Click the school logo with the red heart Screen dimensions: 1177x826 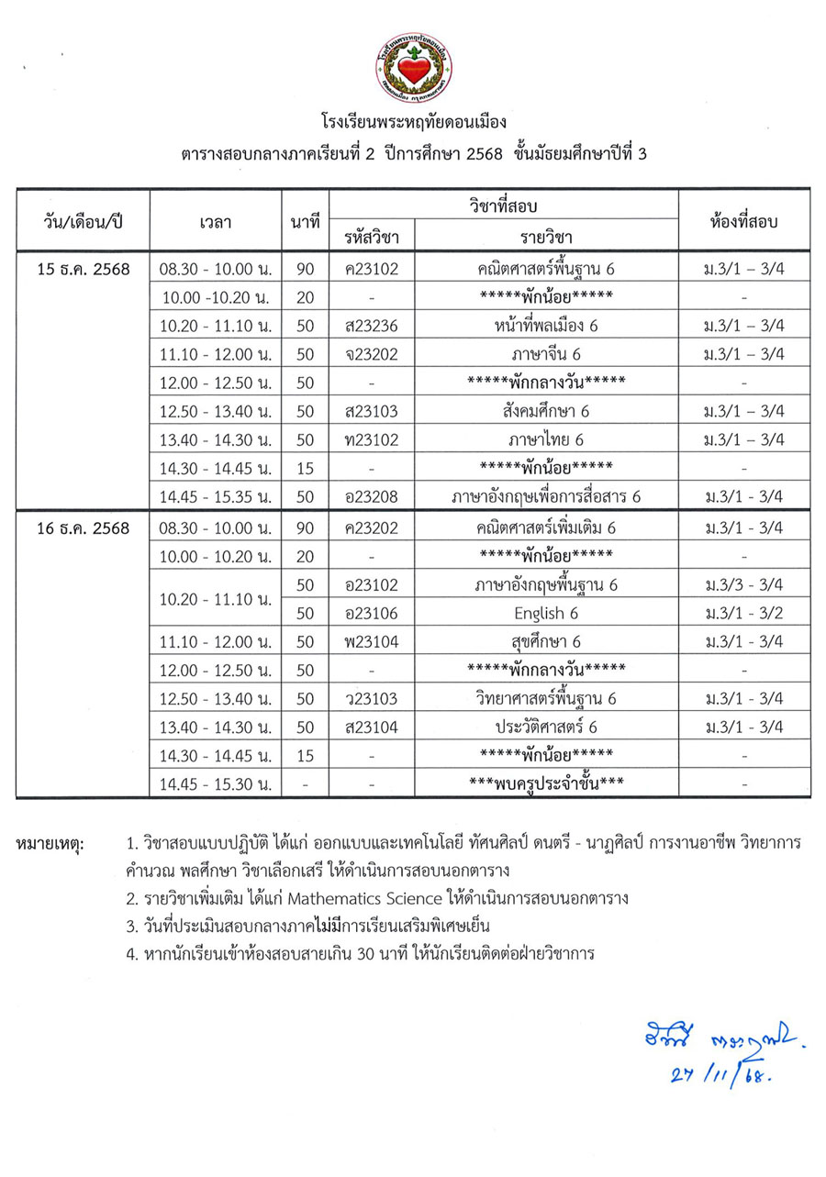pos(413,67)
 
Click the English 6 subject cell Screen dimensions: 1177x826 pos(546,613)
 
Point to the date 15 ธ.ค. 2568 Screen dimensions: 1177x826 pos(83,270)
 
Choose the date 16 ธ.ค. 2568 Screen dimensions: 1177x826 pos(83,528)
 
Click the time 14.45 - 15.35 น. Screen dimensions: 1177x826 pos(215,496)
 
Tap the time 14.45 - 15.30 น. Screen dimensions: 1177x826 pos(215,784)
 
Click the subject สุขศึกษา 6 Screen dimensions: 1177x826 pos(546,641)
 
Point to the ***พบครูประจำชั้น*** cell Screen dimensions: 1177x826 pos(546,784)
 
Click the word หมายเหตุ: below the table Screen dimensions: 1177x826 pos(50,841)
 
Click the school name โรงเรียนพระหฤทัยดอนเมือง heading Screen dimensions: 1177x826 pos(413,121)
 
